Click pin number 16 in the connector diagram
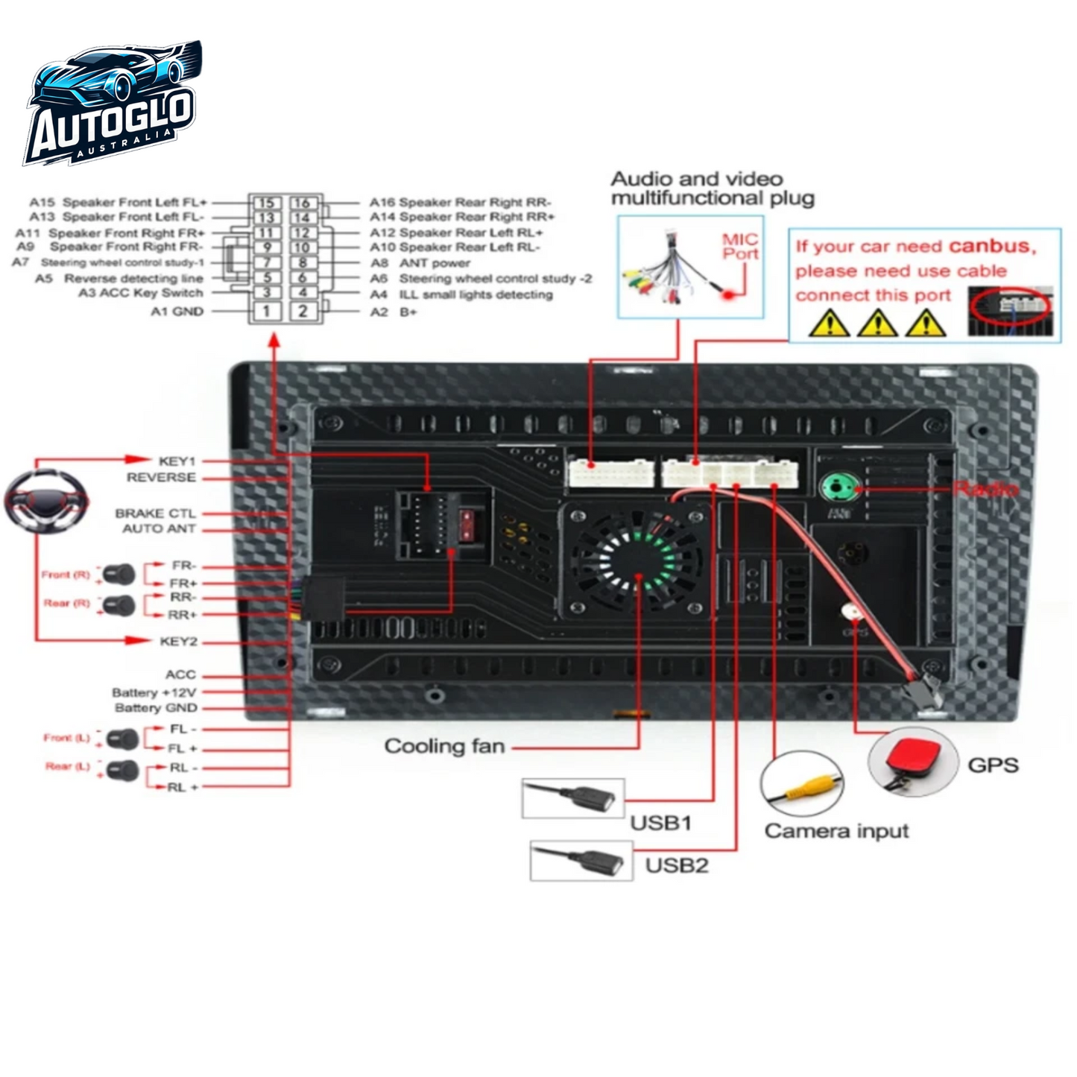[x=302, y=203]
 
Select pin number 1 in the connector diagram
[x=266, y=311]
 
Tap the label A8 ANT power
[x=421, y=263]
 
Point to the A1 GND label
[x=177, y=312]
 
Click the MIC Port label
[x=740, y=247]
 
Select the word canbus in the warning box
[x=991, y=246]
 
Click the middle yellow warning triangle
[x=877, y=323]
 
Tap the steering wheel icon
[x=46, y=501]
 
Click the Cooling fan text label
[x=444, y=746]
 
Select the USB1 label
[x=660, y=823]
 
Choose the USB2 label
[x=676, y=865]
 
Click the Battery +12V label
[x=154, y=692]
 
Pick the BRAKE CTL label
[x=155, y=514]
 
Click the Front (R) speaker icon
[x=119, y=575]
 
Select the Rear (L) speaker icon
[x=122, y=770]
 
